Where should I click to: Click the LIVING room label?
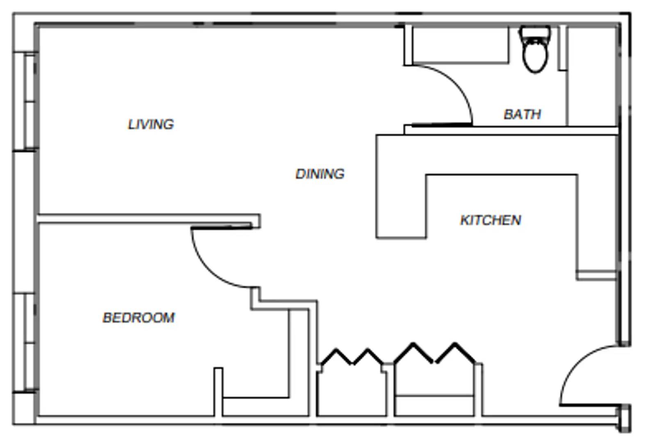[151, 124]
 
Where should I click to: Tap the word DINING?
[320, 174]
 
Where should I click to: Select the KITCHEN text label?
[491, 220]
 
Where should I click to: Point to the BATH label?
[522, 114]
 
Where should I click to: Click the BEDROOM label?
[139, 317]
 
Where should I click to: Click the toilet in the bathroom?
[535, 55]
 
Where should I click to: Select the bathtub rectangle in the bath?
[460, 44]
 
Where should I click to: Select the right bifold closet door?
[435, 354]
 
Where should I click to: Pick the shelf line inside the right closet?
[435, 396]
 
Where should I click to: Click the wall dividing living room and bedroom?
[148, 219]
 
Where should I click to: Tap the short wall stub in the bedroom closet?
[218, 392]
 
